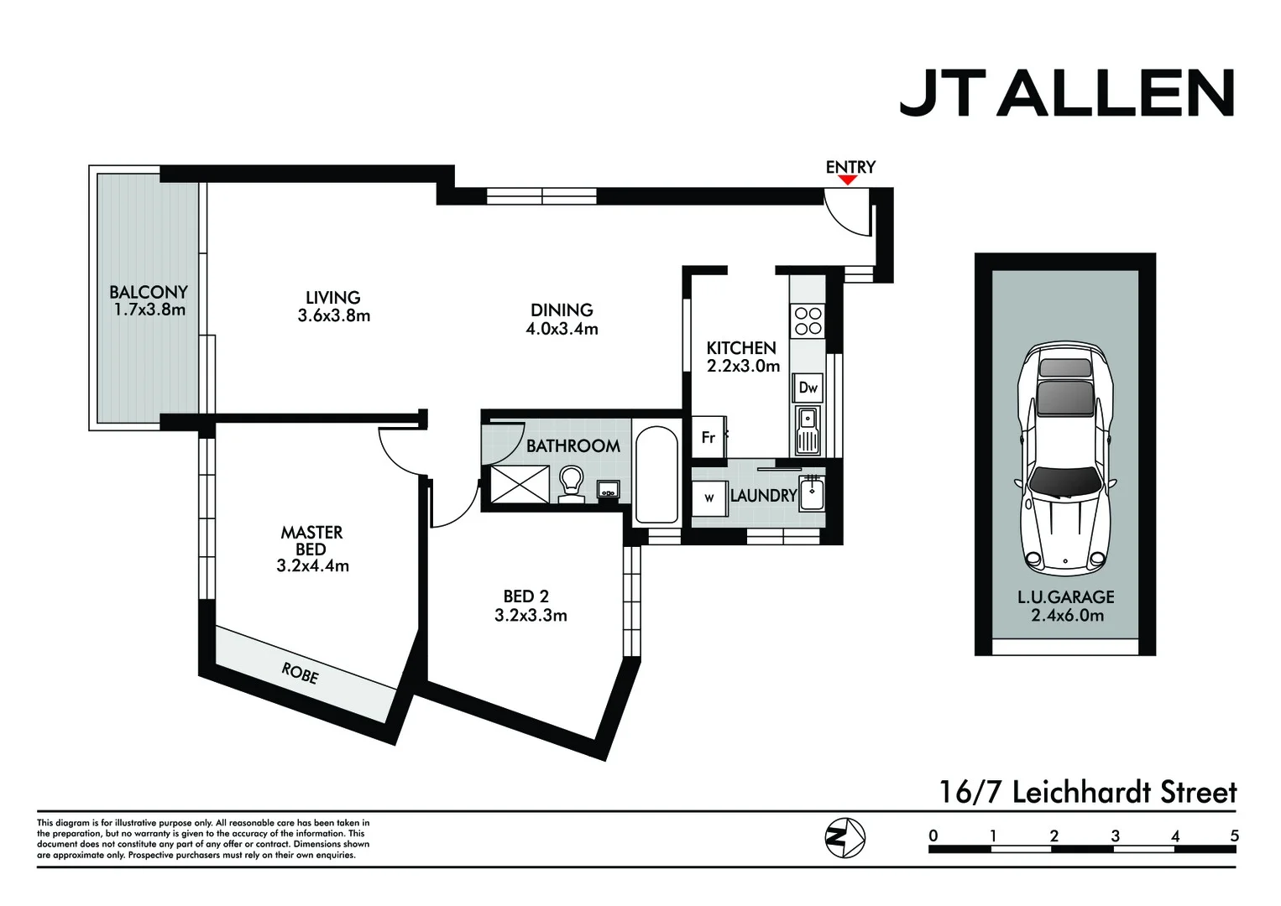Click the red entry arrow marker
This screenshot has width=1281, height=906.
[x=848, y=180]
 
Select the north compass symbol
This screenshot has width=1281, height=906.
[x=844, y=836]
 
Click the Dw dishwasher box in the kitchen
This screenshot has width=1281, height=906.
[x=808, y=388]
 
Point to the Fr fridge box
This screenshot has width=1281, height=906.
[x=708, y=437]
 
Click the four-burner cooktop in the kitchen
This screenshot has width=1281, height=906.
[x=808, y=320]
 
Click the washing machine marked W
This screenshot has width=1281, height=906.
[x=709, y=497]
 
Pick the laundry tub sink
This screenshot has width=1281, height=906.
[x=812, y=492]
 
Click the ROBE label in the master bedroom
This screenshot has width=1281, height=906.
[x=300, y=673]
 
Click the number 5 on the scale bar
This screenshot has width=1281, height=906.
[x=1234, y=836]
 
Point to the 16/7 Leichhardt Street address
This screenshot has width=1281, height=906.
[x=1087, y=792]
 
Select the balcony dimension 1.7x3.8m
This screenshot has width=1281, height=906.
[x=149, y=310]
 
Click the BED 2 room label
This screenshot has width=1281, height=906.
[x=526, y=596]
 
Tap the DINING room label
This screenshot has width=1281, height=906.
[x=562, y=310]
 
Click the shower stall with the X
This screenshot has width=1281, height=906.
[x=520, y=484]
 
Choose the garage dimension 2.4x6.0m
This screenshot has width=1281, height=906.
[x=1067, y=615]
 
